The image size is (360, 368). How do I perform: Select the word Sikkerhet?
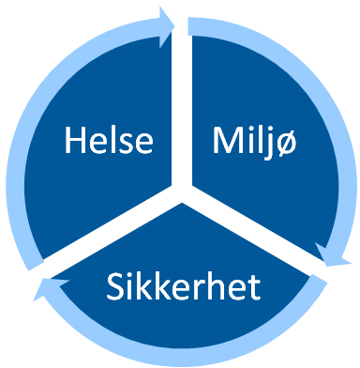click(x=182, y=285)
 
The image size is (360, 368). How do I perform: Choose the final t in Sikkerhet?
click(x=253, y=285)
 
